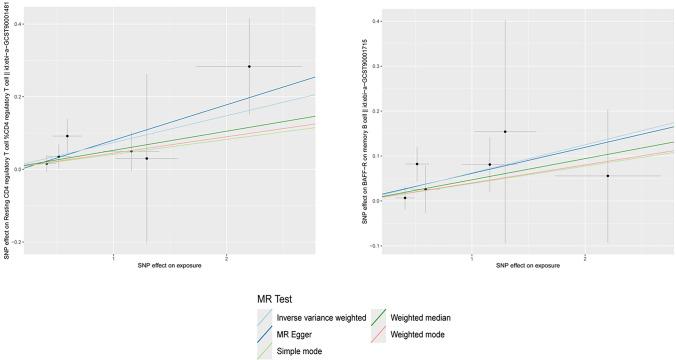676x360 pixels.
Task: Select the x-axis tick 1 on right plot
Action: (x=471, y=259)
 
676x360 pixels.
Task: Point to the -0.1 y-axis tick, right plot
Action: (x=374, y=245)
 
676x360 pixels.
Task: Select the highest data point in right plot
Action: (x=505, y=131)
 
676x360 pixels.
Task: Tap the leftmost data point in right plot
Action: (x=405, y=197)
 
